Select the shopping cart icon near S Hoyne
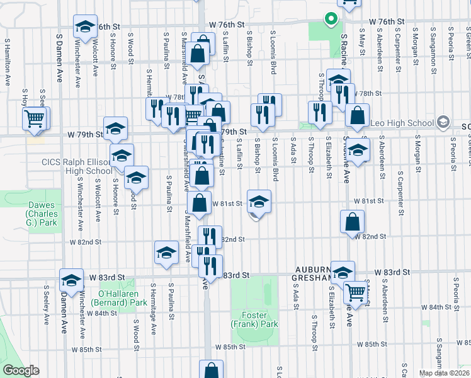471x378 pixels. point(35,118)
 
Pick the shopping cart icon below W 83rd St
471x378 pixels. point(356,292)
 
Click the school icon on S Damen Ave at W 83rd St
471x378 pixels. point(71,279)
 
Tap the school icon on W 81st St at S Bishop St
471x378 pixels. point(259,201)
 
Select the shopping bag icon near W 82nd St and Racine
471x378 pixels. point(352,221)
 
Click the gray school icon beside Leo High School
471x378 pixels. point(443,122)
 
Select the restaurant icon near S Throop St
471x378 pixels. point(320,112)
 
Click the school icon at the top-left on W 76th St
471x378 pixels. point(85,27)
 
